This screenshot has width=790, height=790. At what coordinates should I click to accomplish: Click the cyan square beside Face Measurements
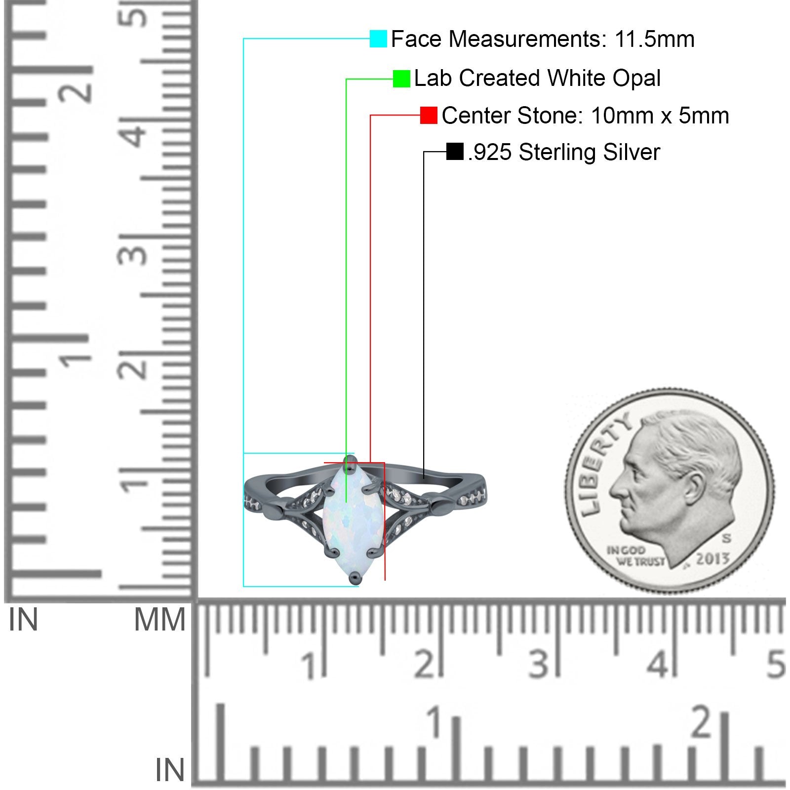tap(378, 39)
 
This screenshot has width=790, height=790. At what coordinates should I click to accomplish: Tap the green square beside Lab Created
tap(401, 79)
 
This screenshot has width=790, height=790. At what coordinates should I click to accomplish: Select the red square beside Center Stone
tap(429, 116)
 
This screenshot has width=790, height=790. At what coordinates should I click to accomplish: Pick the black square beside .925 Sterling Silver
tap(455, 152)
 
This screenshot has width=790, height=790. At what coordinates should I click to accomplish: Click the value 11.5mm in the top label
tap(654, 39)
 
